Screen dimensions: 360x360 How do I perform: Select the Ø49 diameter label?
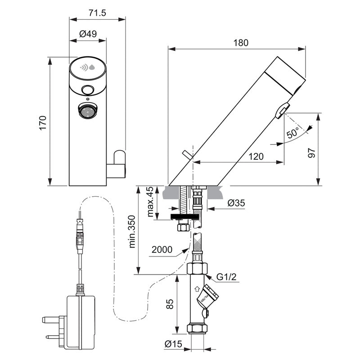88,34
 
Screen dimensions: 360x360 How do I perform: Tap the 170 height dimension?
43,122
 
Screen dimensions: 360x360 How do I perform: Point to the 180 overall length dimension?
241,43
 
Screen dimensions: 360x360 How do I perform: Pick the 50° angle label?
293,133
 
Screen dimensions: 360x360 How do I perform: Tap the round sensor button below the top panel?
88,90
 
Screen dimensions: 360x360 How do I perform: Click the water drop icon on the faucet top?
92,68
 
